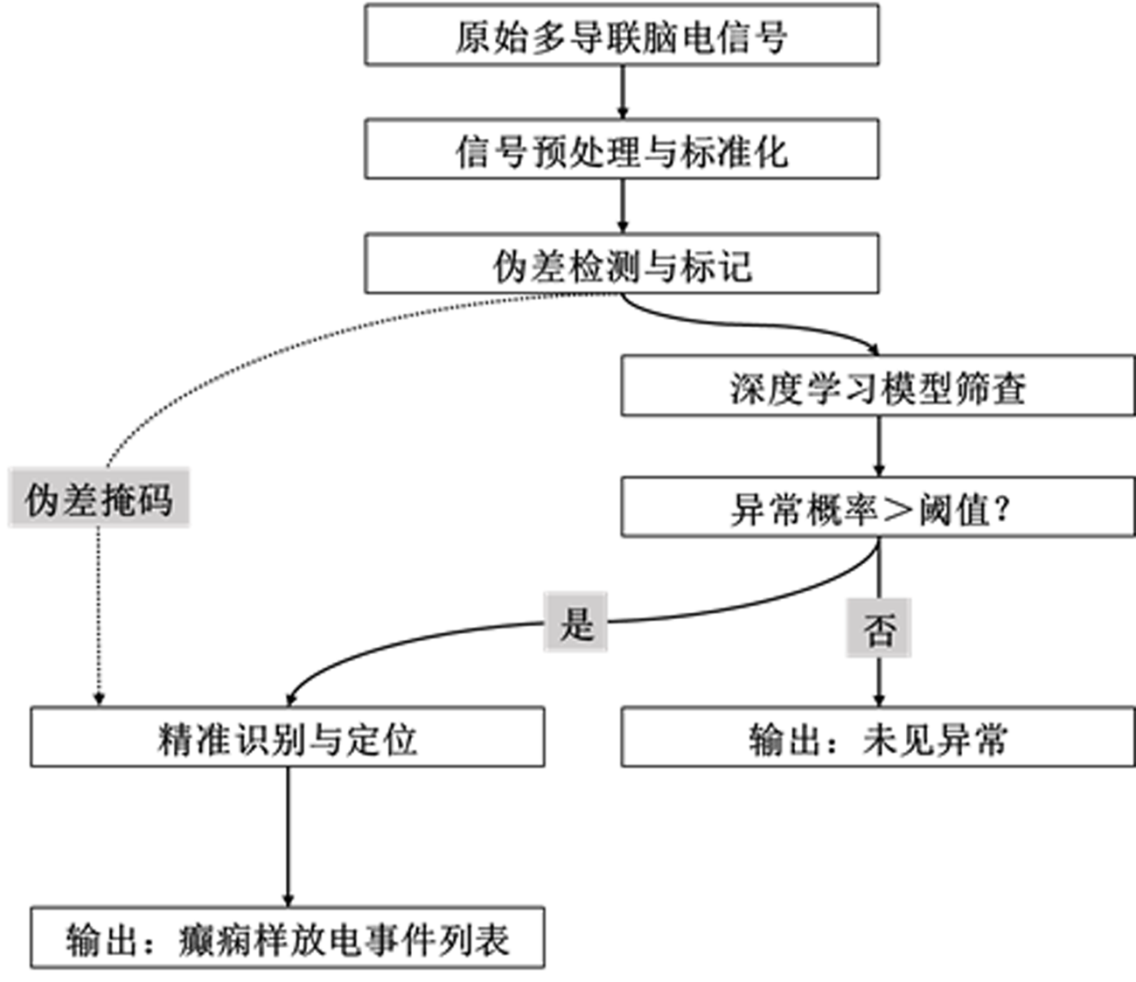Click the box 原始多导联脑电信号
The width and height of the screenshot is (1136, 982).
click(621, 35)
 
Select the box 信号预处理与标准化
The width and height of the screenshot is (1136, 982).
click(621, 150)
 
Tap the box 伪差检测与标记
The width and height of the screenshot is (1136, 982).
click(621, 263)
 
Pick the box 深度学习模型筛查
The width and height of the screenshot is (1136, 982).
click(877, 386)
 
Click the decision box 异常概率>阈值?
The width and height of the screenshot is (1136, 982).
click(877, 507)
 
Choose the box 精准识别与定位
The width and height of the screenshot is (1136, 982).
click(287, 737)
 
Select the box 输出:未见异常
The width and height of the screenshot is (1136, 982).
click(877, 737)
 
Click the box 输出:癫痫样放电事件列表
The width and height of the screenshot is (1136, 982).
click(287, 937)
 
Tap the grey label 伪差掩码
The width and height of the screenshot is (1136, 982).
click(99, 498)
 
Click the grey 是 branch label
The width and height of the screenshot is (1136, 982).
click(575, 623)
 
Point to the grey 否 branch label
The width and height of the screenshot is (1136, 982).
click(878, 628)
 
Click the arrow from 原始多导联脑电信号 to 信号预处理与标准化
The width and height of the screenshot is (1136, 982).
click(622, 91)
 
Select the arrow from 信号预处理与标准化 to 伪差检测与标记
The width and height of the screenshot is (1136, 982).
click(622, 205)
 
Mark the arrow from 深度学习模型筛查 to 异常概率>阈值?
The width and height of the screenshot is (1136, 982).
click(878, 445)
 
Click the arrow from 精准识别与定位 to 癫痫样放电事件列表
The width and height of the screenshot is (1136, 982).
click(288, 835)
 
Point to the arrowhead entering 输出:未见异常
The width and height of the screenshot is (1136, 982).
click(879, 700)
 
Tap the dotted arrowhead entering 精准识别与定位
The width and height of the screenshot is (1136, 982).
click(99, 699)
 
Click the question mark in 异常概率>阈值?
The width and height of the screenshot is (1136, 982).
click(1002, 508)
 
